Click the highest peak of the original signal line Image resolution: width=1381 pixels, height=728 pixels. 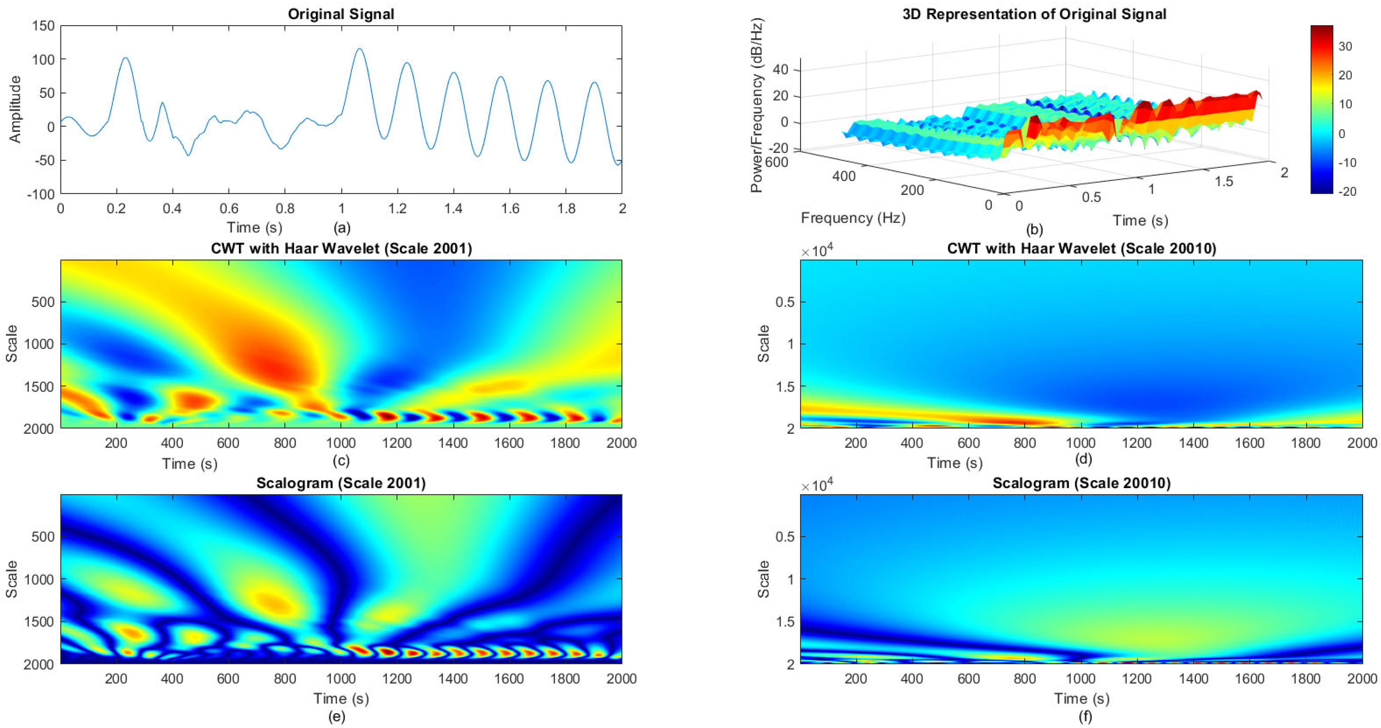[x=359, y=49]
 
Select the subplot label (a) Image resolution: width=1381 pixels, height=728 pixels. [x=342, y=228]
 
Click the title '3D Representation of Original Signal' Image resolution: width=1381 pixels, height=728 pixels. [x=1034, y=14]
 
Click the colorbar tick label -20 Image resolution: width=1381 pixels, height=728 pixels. [x=1347, y=191]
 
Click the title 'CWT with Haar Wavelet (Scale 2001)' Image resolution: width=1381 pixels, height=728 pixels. [x=341, y=249]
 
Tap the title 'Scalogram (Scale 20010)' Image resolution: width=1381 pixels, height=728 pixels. [x=1081, y=483]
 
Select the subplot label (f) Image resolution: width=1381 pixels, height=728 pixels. [x=1084, y=716]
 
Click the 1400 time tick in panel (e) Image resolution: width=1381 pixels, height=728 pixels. [x=453, y=678]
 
